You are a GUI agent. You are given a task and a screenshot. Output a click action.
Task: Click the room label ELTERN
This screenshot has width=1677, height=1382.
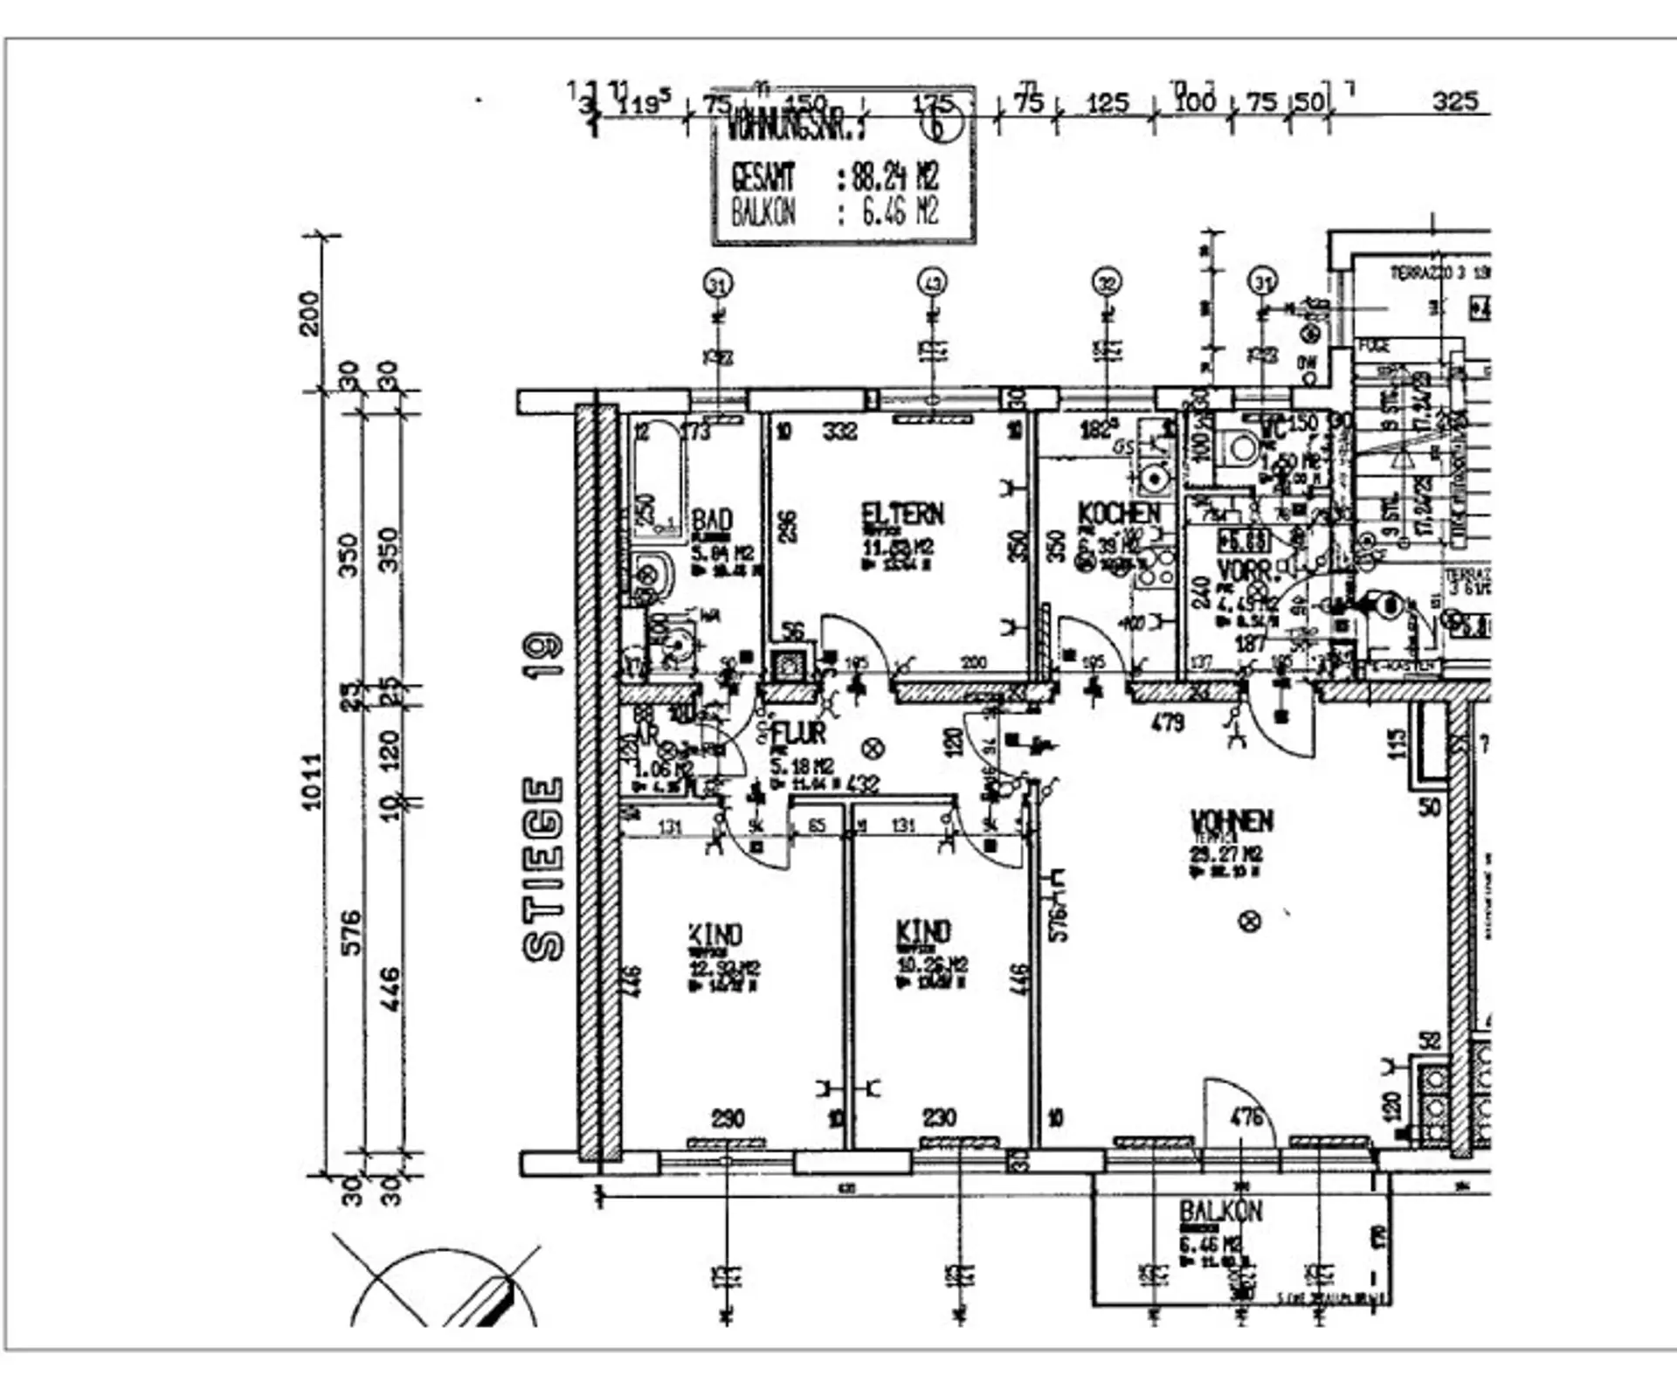pyautogui.click(x=902, y=514)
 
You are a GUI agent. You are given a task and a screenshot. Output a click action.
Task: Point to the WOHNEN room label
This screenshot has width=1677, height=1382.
pyautogui.click(x=1232, y=821)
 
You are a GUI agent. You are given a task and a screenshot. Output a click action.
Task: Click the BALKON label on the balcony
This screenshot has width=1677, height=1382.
pyautogui.click(x=1220, y=1212)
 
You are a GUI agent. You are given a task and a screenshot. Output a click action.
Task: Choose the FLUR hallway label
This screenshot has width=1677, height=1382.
pyautogui.click(x=798, y=733)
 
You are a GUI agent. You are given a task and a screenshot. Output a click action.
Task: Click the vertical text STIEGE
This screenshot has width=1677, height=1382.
pyautogui.click(x=543, y=869)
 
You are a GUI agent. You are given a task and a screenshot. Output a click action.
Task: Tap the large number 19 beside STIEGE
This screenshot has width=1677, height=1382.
pyautogui.click(x=543, y=654)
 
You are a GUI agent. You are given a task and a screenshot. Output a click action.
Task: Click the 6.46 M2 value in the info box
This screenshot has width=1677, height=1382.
pyautogui.click(x=899, y=212)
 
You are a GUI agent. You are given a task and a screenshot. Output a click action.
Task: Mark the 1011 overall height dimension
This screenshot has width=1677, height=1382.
pyautogui.click(x=312, y=782)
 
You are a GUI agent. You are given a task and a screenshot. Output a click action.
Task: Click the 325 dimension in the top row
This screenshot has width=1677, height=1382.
pyautogui.click(x=1454, y=101)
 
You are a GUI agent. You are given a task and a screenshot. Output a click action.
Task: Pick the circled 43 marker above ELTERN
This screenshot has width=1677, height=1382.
pyautogui.click(x=932, y=283)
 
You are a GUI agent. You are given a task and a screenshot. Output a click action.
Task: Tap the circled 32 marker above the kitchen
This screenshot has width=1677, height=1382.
pyautogui.click(x=1107, y=283)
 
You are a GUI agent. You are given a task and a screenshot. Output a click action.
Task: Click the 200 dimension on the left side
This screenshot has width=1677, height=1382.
pyautogui.click(x=310, y=312)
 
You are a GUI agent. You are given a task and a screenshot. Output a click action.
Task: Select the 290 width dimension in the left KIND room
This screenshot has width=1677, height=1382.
pyautogui.click(x=728, y=1118)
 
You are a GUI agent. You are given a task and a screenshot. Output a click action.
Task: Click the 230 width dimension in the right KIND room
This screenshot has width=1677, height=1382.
pyautogui.click(x=939, y=1117)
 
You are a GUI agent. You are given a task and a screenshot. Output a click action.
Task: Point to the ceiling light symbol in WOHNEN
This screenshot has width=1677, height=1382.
pyautogui.click(x=1251, y=921)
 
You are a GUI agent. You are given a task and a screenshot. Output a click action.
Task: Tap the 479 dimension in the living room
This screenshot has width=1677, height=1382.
pyautogui.click(x=1168, y=722)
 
